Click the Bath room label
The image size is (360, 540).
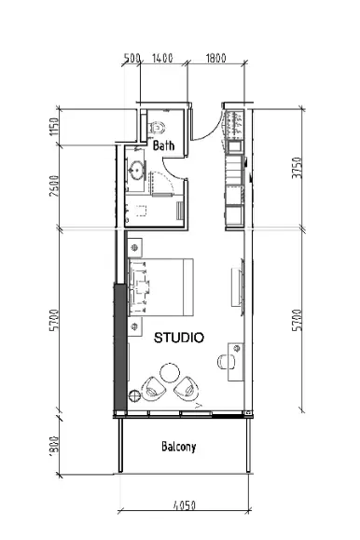point(164,145)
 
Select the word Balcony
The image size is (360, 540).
point(178,447)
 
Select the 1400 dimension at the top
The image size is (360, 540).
point(163,58)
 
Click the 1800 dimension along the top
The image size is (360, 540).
point(215,58)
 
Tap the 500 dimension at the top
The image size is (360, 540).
point(132,58)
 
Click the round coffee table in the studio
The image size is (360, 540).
point(169,372)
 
